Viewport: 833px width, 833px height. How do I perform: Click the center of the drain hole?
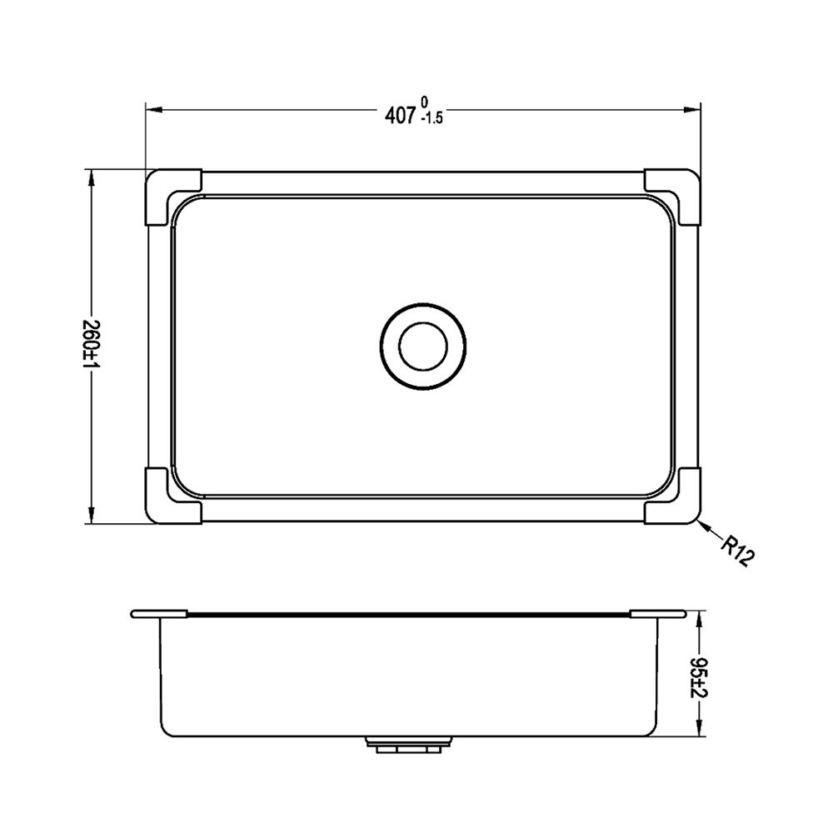coord(422,347)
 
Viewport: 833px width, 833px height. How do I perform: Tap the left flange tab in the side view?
coord(158,615)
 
